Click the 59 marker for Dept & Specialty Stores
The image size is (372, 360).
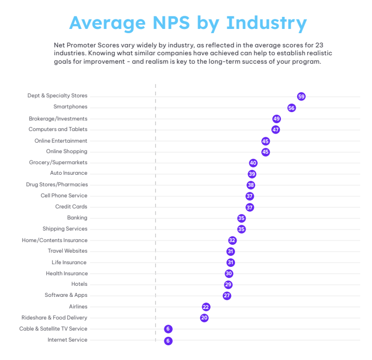click(x=301, y=96)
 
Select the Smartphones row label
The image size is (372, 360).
click(x=71, y=107)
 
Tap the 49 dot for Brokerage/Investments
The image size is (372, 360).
click(x=277, y=119)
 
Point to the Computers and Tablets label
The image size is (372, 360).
click(x=58, y=129)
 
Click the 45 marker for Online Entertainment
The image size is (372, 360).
click(x=266, y=141)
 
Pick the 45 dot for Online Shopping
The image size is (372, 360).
click(x=266, y=152)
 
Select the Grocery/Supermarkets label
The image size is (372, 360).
click(x=58, y=163)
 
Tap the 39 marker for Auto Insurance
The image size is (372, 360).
click(x=252, y=174)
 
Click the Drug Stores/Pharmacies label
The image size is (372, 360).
click(x=57, y=185)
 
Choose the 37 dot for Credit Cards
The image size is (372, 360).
click(x=250, y=207)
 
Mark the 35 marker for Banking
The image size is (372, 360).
click(x=241, y=218)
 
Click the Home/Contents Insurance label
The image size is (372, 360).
click(x=55, y=240)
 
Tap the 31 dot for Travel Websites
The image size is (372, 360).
click(x=230, y=252)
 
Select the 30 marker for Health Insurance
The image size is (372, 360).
click(x=229, y=274)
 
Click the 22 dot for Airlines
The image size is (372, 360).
click(x=206, y=307)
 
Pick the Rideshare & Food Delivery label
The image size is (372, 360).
click(x=54, y=318)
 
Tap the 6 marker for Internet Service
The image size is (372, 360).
click(x=168, y=341)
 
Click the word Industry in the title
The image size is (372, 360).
click(x=266, y=23)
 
